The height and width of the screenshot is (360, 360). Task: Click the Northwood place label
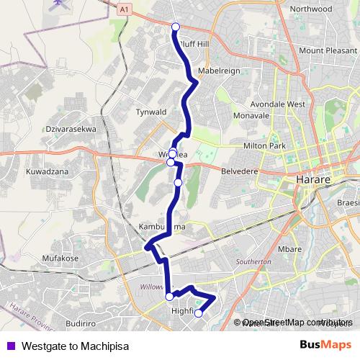click(310, 9)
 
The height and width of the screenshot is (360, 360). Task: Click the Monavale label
click(251, 115)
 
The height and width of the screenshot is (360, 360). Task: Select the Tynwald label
click(151, 112)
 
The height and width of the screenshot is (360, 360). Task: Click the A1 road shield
click(126, 8)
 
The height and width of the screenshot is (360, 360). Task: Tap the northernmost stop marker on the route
click(176, 27)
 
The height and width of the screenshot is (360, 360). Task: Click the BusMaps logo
click(325, 344)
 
